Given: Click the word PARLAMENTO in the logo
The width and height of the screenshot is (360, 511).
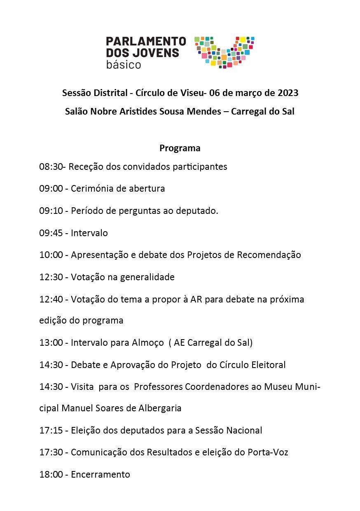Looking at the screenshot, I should point(146,41).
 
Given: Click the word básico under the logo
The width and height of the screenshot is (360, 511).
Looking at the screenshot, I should point(123,65).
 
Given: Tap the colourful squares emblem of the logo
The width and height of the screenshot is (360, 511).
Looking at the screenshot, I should point(224,52).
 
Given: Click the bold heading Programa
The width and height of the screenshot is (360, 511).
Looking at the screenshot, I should point(180,148).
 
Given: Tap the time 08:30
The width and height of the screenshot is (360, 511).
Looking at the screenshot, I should point(51,167).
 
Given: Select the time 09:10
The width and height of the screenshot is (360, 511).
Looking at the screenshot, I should point(51,211).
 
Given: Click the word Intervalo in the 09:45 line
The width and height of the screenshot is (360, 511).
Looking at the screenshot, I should point(89,233).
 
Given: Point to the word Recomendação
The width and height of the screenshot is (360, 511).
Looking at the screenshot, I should point(269,255).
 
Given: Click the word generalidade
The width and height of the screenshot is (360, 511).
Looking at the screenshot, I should point(147,277).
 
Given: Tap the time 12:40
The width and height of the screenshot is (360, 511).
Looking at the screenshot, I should point(51,299).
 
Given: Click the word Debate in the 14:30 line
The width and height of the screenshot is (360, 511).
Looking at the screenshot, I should point(85,365).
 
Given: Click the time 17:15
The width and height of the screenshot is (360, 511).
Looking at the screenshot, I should point(51,431).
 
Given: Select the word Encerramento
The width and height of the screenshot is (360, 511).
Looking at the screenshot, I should point(101,474).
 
